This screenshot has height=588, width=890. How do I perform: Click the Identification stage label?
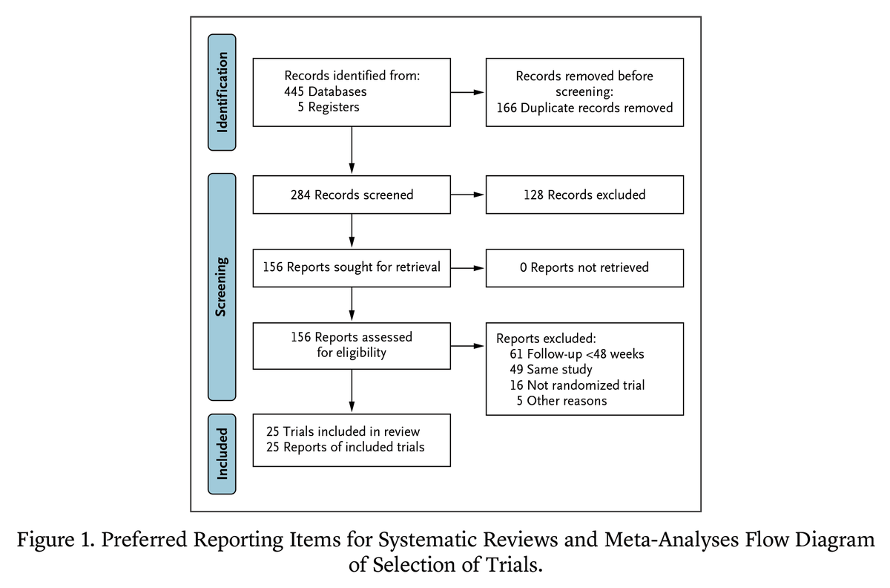pos(222,92)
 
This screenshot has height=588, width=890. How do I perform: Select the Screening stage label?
pos(222,287)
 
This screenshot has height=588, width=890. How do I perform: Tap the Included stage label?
pos(222,454)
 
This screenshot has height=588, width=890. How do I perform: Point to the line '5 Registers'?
pos(328,108)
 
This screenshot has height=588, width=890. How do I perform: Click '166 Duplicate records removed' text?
pos(584,108)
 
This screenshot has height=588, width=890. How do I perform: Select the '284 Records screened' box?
pos(352,195)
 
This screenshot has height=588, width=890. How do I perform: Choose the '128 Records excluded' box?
pos(584,195)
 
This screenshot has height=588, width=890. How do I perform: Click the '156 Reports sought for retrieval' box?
pos(352,267)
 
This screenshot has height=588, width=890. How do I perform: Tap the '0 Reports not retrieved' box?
pos(584,267)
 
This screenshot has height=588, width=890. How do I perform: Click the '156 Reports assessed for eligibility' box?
pos(352,345)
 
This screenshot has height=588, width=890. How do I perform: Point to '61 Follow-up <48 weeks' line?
pos(577,354)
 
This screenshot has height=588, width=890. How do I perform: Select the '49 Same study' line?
pos(551,370)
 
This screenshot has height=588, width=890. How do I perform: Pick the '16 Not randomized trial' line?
pos(577,385)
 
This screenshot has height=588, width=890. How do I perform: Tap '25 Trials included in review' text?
pos(343,431)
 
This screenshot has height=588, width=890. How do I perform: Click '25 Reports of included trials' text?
pos(345,447)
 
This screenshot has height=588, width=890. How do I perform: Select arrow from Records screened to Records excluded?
pos(467,195)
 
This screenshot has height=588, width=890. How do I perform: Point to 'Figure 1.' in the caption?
pos(56,540)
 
